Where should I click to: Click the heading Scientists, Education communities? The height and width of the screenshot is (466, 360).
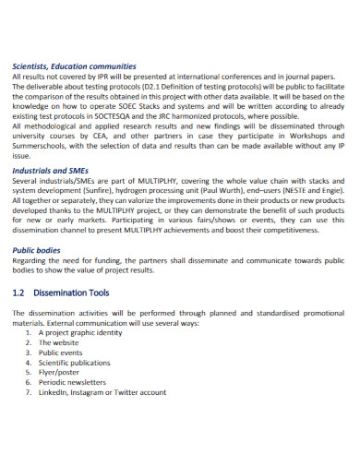[74, 66]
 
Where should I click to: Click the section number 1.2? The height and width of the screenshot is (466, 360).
[20, 293]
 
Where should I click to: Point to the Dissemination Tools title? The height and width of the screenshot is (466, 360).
[73, 293]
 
